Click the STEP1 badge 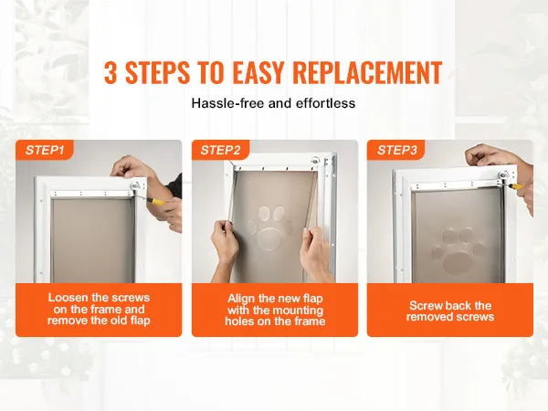(45, 150)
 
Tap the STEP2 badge (220, 150)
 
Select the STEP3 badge (396, 150)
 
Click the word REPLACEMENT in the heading (367, 72)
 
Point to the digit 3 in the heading (111, 72)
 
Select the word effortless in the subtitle (325, 103)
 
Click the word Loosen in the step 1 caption (68, 298)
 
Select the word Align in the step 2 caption (240, 299)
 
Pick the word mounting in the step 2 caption (298, 310)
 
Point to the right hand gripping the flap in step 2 (314, 254)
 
